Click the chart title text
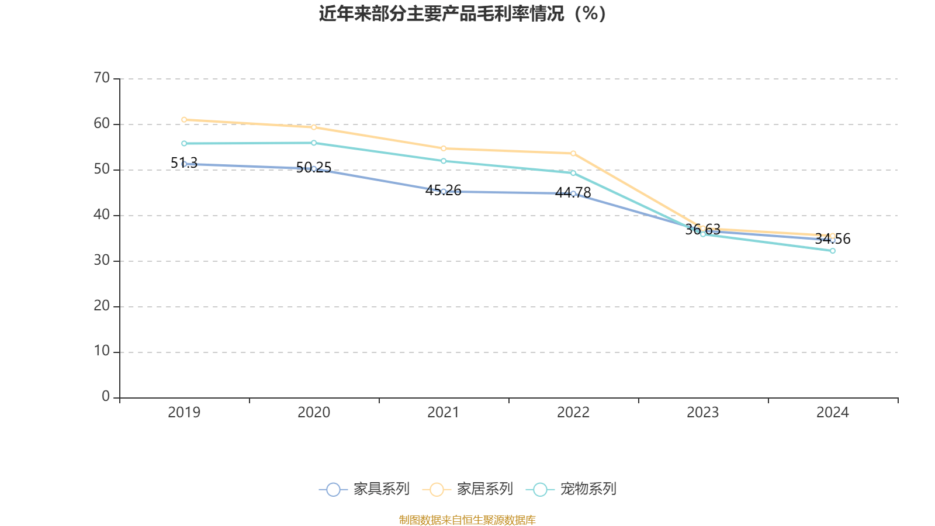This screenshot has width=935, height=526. (x=462, y=14)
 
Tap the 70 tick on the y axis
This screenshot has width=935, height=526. (x=102, y=78)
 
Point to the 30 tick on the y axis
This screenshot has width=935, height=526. (x=102, y=260)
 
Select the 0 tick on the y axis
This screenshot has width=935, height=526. (x=106, y=397)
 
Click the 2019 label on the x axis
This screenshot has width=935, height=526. (x=184, y=413)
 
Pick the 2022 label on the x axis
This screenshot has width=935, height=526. (x=573, y=413)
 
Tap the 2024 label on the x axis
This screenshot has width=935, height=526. (x=832, y=413)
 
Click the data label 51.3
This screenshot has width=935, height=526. (x=184, y=163)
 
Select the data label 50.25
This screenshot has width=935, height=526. (x=314, y=168)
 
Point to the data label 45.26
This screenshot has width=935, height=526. (x=444, y=191)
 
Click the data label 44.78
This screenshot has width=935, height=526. (x=573, y=193)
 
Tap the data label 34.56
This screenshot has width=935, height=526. (x=833, y=239)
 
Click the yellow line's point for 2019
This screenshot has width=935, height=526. (x=184, y=120)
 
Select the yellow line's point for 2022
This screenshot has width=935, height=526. (x=573, y=154)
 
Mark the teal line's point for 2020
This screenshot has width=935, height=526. (x=314, y=143)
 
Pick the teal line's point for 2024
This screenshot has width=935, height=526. (x=833, y=251)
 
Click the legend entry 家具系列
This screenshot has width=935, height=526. (x=365, y=489)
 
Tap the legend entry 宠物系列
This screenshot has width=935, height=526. (x=572, y=489)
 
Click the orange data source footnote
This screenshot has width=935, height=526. (x=467, y=520)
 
